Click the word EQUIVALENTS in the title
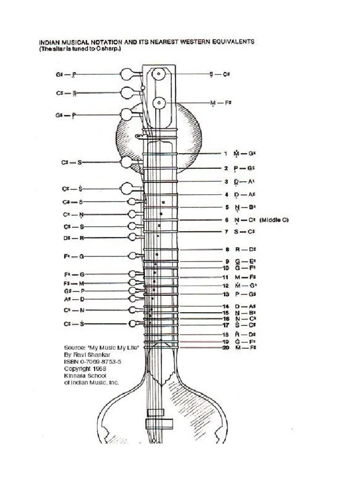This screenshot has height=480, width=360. coord(233,41)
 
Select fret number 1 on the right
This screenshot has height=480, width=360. coord(225,153)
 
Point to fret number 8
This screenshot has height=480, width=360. coord(226,250)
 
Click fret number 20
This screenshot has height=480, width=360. coord(225,347)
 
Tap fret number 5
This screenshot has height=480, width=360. coord(226,207)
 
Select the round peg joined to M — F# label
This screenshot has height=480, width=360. coord(159,102)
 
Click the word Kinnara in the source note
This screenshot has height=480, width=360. coord(76,375)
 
